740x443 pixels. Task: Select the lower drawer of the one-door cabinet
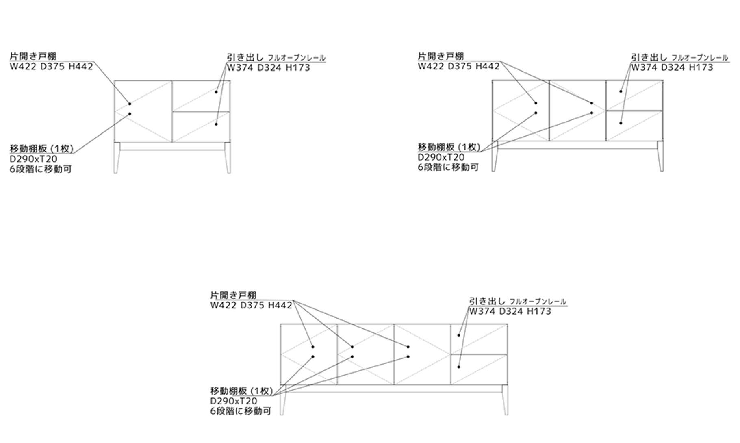tap(201, 127)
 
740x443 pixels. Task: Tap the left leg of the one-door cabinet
tap(116, 159)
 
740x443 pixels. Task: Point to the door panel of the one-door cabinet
tap(143, 111)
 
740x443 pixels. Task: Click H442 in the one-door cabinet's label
tap(80, 67)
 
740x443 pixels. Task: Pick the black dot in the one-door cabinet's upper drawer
tap(216, 92)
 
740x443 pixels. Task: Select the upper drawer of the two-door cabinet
tap(634, 96)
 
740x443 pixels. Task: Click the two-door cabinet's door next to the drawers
tap(577, 111)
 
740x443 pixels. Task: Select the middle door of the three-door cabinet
tap(365, 354)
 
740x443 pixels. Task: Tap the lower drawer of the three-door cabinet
tap(479, 369)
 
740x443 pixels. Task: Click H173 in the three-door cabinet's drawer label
tap(539, 312)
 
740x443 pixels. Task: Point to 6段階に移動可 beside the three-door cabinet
tap(241, 411)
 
